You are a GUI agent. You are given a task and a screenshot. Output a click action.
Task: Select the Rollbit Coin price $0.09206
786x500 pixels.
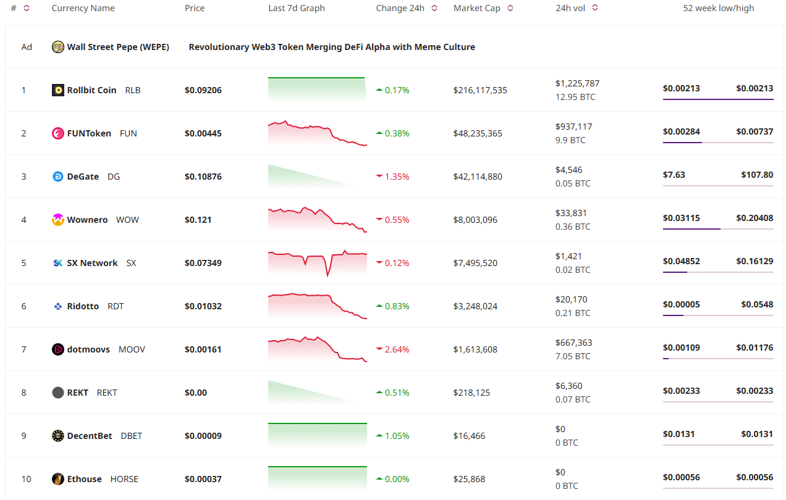click(x=203, y=90)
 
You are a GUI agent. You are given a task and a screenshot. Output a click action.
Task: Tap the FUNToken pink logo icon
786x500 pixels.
click(x=57, y=133)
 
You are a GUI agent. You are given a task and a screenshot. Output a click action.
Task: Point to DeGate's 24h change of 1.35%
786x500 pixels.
click(x=397, y=177)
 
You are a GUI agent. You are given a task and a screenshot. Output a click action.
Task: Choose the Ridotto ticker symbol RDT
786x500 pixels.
click(x=116, y=306)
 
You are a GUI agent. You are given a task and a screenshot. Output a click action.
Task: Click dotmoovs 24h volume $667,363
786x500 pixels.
click(x=573, y=343)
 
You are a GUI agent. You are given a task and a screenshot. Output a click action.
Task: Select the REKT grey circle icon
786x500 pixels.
click(x=57, y=393)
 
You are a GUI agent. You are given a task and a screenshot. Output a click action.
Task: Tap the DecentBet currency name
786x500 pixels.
click(x=90, y=436)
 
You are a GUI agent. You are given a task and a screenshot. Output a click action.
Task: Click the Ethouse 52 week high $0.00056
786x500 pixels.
click(x=754, y=477)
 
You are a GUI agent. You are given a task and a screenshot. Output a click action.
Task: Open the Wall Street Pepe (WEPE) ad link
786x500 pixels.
click(x=117, y=47)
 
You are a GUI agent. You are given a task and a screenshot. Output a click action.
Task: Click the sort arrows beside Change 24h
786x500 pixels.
click(x=434, y=8)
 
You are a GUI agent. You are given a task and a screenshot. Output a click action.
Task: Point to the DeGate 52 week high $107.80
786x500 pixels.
click(x=757, y=175)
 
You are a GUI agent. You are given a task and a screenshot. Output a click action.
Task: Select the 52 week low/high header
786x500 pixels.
click(x=718, y=8)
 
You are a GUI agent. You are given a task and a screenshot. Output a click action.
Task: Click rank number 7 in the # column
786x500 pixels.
click(x=24, y=349)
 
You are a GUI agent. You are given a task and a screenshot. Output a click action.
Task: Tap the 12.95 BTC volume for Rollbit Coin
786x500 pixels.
click(x=575, y=97)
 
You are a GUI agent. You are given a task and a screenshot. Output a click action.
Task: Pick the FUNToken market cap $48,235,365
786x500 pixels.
click(x=478, y=133)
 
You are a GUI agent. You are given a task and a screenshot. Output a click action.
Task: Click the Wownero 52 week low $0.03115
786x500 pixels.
click(x=681, y=218)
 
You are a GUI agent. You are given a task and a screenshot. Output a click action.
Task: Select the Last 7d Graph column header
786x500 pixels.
click(x=297, y=8)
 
